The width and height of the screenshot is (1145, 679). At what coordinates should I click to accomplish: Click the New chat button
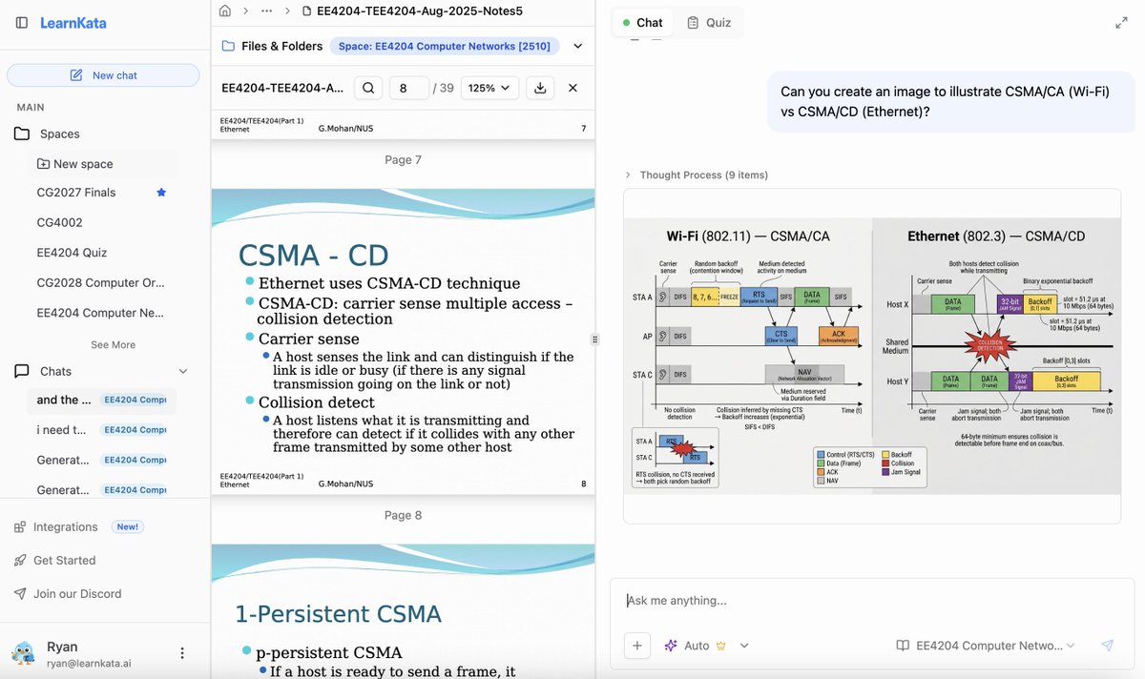[103, 75]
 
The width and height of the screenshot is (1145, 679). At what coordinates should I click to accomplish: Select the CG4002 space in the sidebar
[59, 222]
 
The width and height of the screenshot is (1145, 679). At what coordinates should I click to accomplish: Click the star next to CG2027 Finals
[161, 193]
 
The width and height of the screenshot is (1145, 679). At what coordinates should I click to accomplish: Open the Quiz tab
[708, 22]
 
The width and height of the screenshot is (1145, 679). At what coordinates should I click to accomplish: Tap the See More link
[113, 344]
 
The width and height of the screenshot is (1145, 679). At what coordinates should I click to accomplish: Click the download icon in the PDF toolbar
[540, 88]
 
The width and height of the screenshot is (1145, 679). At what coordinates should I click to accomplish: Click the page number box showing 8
[408, 88]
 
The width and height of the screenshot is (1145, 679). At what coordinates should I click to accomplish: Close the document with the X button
[572, 88]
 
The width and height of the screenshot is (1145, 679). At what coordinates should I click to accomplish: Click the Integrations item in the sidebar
[65, 526]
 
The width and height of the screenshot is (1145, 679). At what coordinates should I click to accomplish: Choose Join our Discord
[77, 593]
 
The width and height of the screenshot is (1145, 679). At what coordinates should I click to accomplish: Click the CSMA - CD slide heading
[313, 256]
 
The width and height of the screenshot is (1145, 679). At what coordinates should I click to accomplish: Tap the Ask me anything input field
[859, 601]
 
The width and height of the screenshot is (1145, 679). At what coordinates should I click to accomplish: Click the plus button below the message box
[637, 646]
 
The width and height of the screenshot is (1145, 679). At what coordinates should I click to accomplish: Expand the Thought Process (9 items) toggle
[697, 175]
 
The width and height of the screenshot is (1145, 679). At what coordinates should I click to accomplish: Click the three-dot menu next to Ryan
[182, 653]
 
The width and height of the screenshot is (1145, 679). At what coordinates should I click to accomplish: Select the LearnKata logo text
[73, 23]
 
